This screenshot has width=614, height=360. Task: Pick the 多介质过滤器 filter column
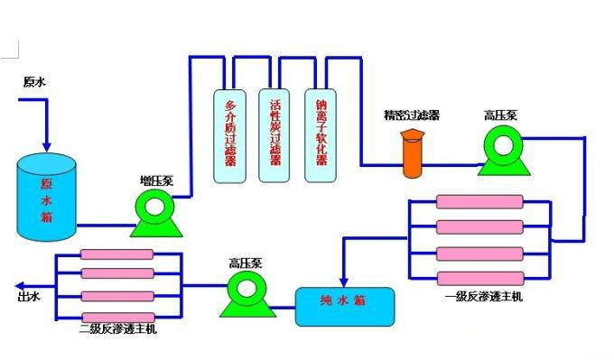pyautogui.click(x=231, y=135)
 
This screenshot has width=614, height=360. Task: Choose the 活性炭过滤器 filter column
pyautogui.click(x=275, y=135)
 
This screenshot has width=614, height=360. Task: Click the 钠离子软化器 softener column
pyautogui.click(x=321, y=135)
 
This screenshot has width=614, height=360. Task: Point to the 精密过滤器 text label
pyautogui.click(x=412, y=115)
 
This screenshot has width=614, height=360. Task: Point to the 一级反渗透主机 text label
pyautogui.click(x=483, y=296)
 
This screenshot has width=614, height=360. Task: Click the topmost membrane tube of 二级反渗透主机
pyautogui.click(x=116, y=255)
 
